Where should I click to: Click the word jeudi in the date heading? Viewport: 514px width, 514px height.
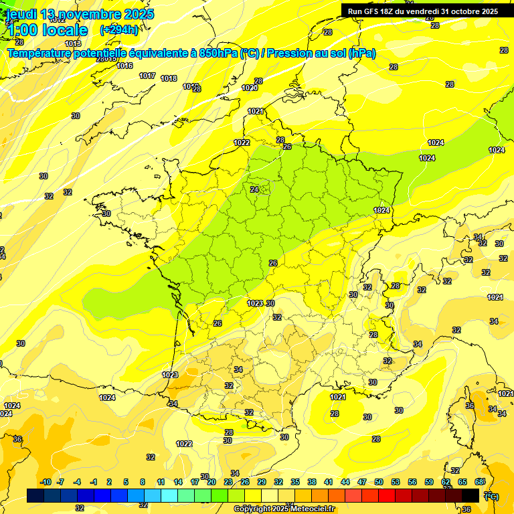coord(21,14)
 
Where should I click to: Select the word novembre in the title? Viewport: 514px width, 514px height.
coord(89,14)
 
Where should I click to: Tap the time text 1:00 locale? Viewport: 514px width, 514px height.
coord(46,30)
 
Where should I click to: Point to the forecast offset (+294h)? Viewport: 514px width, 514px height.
coord(119,30)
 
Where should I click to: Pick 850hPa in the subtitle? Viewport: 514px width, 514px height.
coord(215,53)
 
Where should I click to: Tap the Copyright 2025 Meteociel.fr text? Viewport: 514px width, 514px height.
coord(284,509)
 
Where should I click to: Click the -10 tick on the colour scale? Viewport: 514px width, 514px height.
coord(46,482)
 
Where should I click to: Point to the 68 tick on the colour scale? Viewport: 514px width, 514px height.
coord(479,482)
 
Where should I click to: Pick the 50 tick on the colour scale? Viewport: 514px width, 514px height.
coord(379,482)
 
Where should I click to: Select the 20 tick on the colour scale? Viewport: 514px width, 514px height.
coord(211,482)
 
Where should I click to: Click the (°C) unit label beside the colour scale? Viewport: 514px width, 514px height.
coord(491,496)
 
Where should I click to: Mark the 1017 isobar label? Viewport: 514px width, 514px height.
coord(147,76)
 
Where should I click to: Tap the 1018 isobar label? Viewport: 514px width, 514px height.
coord(169,78)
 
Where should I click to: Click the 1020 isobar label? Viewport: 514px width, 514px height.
coord(250,88)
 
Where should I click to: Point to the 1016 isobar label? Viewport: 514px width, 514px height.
coord(124,66)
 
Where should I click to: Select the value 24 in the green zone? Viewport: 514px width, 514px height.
coord(254,189)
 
